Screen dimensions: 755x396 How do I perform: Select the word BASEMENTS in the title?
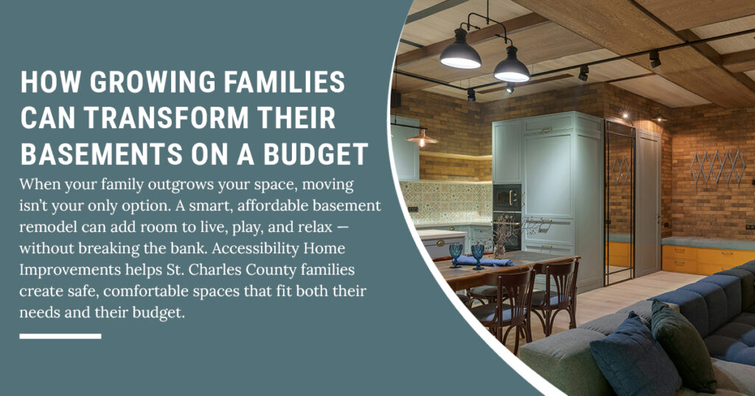point(101,154)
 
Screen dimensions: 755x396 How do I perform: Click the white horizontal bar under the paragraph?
point(60,336)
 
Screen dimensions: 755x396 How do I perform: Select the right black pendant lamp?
point(512,66)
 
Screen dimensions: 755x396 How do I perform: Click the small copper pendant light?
point(422,138)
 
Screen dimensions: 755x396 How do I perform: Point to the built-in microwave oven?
point(507,197)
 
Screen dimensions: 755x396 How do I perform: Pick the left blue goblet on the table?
point(455,255)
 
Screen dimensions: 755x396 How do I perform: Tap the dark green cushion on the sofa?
point(683,345)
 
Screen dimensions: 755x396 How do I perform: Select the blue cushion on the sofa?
point(635,358)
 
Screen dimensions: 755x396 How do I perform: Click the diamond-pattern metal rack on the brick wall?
point(717,166)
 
